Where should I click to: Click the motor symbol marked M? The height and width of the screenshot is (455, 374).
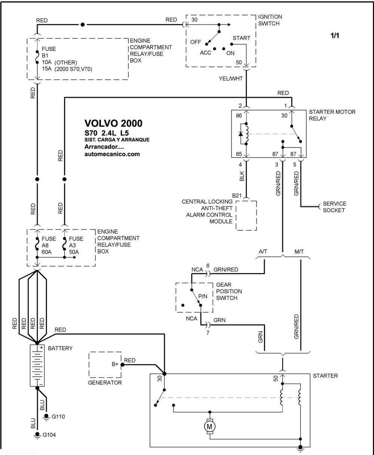[209, 426]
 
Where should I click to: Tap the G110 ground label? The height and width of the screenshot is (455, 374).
[58, 416]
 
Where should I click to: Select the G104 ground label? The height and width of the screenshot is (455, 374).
[49, 434]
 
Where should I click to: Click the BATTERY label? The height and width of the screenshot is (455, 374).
[60, 348]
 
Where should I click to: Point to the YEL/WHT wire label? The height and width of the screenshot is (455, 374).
[231, 79]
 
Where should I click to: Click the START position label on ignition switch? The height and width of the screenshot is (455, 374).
[241, 38]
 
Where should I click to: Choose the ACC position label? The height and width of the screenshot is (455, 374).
[205, 53]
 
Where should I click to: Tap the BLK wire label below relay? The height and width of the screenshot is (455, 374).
[242, 176]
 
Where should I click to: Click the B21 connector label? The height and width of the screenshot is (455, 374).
[237, 195]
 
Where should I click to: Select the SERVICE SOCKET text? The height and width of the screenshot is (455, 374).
[334, 207]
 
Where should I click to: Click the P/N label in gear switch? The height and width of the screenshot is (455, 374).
[203, 296]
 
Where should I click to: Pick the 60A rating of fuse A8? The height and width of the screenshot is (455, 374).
[46, 252]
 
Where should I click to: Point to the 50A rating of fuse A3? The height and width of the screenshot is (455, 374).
[74, 252]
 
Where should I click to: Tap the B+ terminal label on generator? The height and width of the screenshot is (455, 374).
[115, 364]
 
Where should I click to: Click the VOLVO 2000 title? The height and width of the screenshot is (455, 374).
[113, 124]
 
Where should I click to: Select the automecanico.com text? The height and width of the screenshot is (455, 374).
[112, 154]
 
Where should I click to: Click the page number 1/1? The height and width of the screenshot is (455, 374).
[335, 36]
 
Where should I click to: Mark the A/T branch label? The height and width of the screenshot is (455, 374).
[263, 252]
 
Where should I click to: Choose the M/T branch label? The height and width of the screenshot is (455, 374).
[299, 252]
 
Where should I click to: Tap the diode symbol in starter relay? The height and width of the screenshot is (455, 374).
[241, 134]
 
